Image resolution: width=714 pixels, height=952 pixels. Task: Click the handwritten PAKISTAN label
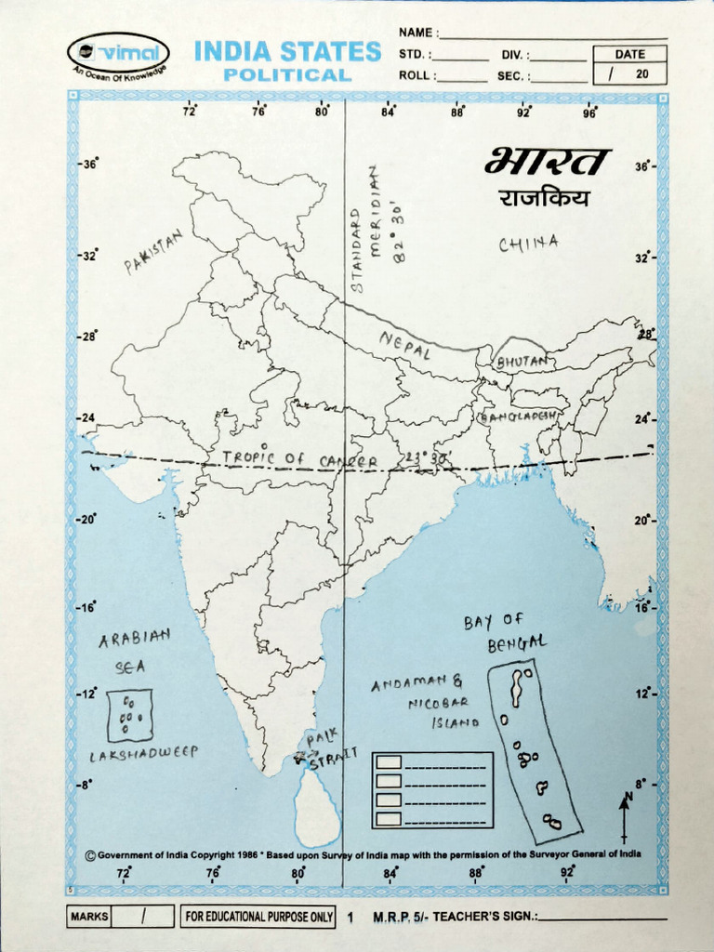coord(153,253)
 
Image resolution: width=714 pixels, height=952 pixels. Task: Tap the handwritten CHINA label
coord(528,244)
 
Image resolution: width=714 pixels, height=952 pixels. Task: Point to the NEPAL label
coord(405,347)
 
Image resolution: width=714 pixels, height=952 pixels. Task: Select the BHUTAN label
coord(522,360)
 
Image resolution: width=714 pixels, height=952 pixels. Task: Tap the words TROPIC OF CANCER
coord(300,460)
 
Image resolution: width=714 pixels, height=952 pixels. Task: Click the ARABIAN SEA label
coord(135,651)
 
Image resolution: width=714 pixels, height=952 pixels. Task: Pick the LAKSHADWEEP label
coord(143,754)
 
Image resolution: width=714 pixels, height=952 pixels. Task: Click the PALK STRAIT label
coord(330,750)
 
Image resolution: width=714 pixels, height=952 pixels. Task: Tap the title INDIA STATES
coord(287,51)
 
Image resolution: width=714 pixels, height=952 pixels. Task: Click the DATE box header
coord(629,54)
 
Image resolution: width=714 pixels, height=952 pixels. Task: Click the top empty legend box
coord(389,761)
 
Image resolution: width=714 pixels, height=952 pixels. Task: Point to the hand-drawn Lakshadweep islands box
coord(130,715)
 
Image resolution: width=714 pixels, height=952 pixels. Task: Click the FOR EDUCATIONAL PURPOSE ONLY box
coord(258,917)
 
